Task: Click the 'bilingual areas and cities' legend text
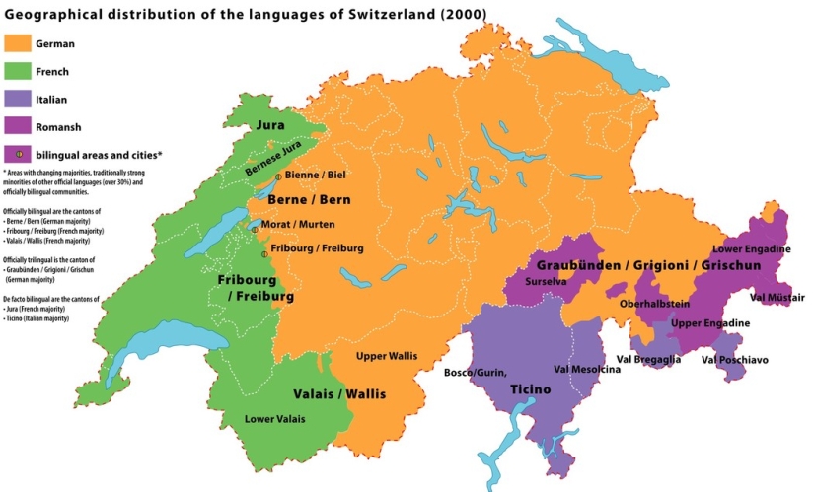pyautogui.click(x=99, y=155)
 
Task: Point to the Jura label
pyautogui.click(x=270, y=126)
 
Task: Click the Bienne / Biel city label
pyautogui.click(x=315, y=175)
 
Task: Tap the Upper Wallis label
pyautogui.click(x=385, y=355)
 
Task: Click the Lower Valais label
pyautogui.click(x=274, y=419)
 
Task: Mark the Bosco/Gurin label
pyautogui.click(x=475, y=373)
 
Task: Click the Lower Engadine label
pyautogui.click(x=751, y=249)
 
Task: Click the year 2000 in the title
pyautogui.click(x=460, y=13)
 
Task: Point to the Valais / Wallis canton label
pyautogui.click(x=339, y=394)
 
